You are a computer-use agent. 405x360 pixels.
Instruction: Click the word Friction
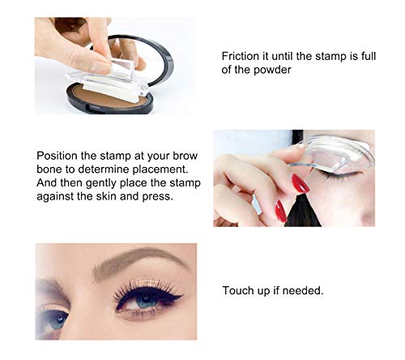[241, 56]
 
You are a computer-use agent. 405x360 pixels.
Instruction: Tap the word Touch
[240, 289]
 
